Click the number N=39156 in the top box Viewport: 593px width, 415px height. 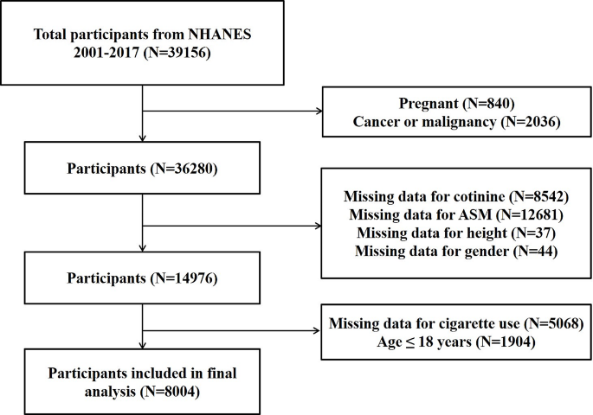coord(177,52)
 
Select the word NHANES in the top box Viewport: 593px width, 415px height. coord(220,34)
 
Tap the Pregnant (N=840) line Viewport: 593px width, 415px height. coord(456,103)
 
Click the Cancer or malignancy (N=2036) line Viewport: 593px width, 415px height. coord(456,122)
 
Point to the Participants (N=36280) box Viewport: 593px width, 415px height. coord(142,168)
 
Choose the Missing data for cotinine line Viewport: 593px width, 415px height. coord(456,196)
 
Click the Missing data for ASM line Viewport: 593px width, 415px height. coord(456,214)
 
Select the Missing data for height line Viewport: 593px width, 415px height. coord(456,233)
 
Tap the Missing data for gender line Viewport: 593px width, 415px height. coord(456,251)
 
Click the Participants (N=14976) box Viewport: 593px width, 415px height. coord(142,278)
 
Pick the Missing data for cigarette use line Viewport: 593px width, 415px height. coord(456,323)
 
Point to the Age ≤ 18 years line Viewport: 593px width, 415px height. coord(456,342)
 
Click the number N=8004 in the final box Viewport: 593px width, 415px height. coord(170,391)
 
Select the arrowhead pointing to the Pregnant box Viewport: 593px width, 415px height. coord(319,111)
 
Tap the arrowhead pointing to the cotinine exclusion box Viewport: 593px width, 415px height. coord(318,226)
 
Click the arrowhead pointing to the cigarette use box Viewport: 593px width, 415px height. coord(317,331)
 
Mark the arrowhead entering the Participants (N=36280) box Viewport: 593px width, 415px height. coord(143,138)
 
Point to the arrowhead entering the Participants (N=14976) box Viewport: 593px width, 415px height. coord(143,248)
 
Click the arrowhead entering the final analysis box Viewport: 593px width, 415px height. coord(143,345)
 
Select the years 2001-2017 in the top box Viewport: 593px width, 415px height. coord(106,52)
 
